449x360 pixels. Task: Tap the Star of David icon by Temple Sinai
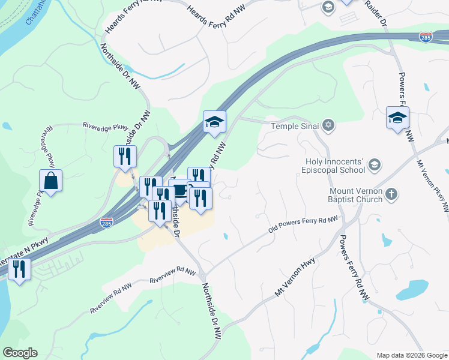[328, 126]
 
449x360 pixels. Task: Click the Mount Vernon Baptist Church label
[355, 195]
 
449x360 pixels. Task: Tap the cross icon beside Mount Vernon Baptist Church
[391, 194]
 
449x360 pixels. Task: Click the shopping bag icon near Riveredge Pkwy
[51, 180]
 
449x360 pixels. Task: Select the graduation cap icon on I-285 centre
[214, 122]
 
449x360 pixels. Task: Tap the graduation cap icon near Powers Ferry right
[397, 117]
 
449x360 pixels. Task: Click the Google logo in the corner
[20, 353]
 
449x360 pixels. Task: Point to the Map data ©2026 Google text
[411, 355]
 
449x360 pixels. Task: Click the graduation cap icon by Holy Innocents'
[374, 164]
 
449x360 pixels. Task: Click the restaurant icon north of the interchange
[125, 156]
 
